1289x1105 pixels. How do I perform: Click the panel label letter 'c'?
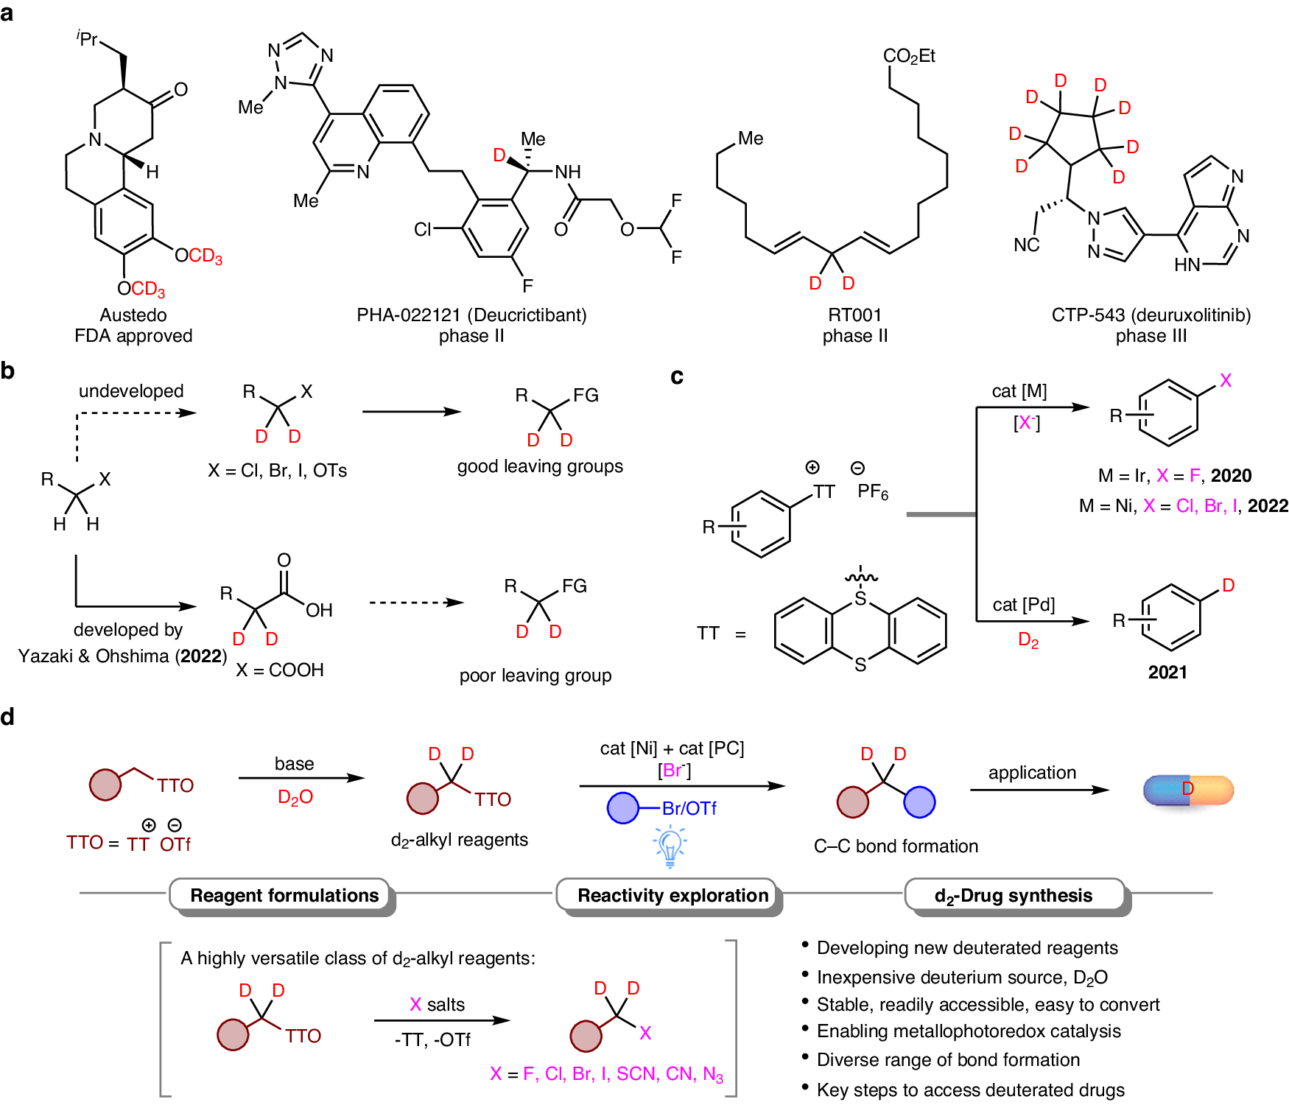(676, 376)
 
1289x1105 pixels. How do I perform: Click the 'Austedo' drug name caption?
(133, 315)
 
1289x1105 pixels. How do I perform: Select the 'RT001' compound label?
(854, 315)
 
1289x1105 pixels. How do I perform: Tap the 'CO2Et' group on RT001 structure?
(909, 56)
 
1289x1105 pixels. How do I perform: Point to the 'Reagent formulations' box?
(284, 895)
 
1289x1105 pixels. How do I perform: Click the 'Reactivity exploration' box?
(672, 895)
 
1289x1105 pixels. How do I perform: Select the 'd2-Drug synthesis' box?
(1014, 895)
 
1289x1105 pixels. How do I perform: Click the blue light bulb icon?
(670, 846)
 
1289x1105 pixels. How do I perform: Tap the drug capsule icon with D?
(1188, 790)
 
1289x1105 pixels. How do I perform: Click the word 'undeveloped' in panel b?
(131, 391)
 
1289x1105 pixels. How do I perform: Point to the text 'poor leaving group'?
(535, 676)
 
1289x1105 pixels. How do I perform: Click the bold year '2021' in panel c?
(1167, 672)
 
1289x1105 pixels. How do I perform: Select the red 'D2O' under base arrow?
(295, 797)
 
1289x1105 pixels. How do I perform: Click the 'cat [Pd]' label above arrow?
(1024, 605)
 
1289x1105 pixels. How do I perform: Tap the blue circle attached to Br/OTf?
(623, 808)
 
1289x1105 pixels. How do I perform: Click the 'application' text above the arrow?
(1032, 773)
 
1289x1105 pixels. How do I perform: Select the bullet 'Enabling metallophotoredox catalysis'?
(969, 1031)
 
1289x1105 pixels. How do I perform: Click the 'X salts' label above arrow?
(438, 1005)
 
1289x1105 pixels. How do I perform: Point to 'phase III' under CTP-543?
(1151, 336)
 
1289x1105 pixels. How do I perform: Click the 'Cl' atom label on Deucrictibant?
(422, 230)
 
